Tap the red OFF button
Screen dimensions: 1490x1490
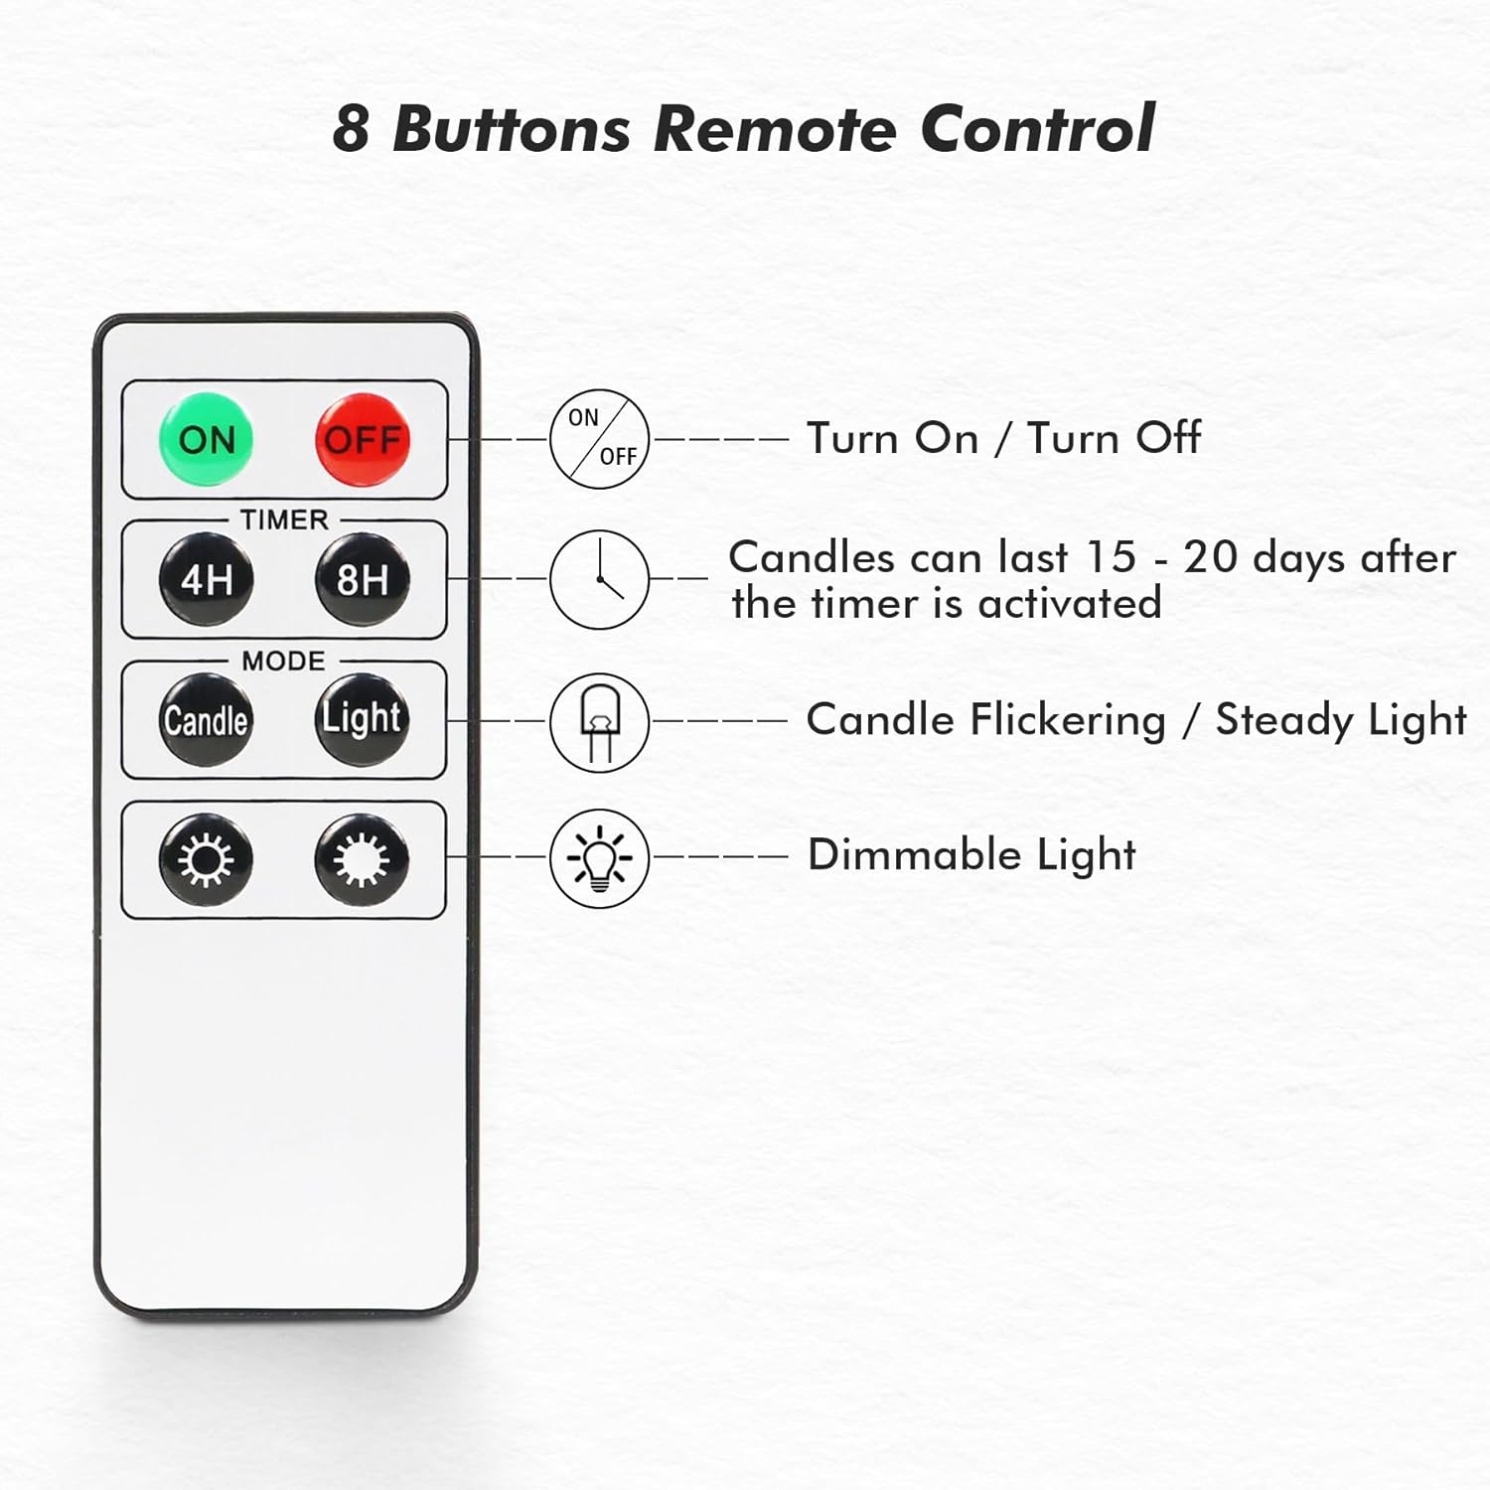pyautogui.click(x=363, y=439)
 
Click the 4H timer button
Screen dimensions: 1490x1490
pyautogui.click(x=207, y=579)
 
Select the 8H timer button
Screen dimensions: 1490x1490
pyautogui.click(x=363, y=579)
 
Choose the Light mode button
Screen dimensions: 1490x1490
pyautogui.click(x=362, y=718)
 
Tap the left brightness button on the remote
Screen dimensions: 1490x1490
pyautogui.click(x=206, y=859)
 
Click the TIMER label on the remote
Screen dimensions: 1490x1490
pyautogui.click(x=284, y=520)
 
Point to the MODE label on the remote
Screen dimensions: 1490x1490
pyautogui.click(x=283, y=661)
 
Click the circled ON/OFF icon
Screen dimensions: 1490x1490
pyautogui.click(x=599, y=438)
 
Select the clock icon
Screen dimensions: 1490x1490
pyautogui.click(x=599, y=579)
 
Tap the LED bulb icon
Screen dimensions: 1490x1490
pyautogui.click(x=599, y=721)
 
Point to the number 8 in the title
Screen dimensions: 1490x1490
pyautogui.click(x=352, y=129)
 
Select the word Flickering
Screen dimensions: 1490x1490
pyautogui.click(x=1068, y=720)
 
